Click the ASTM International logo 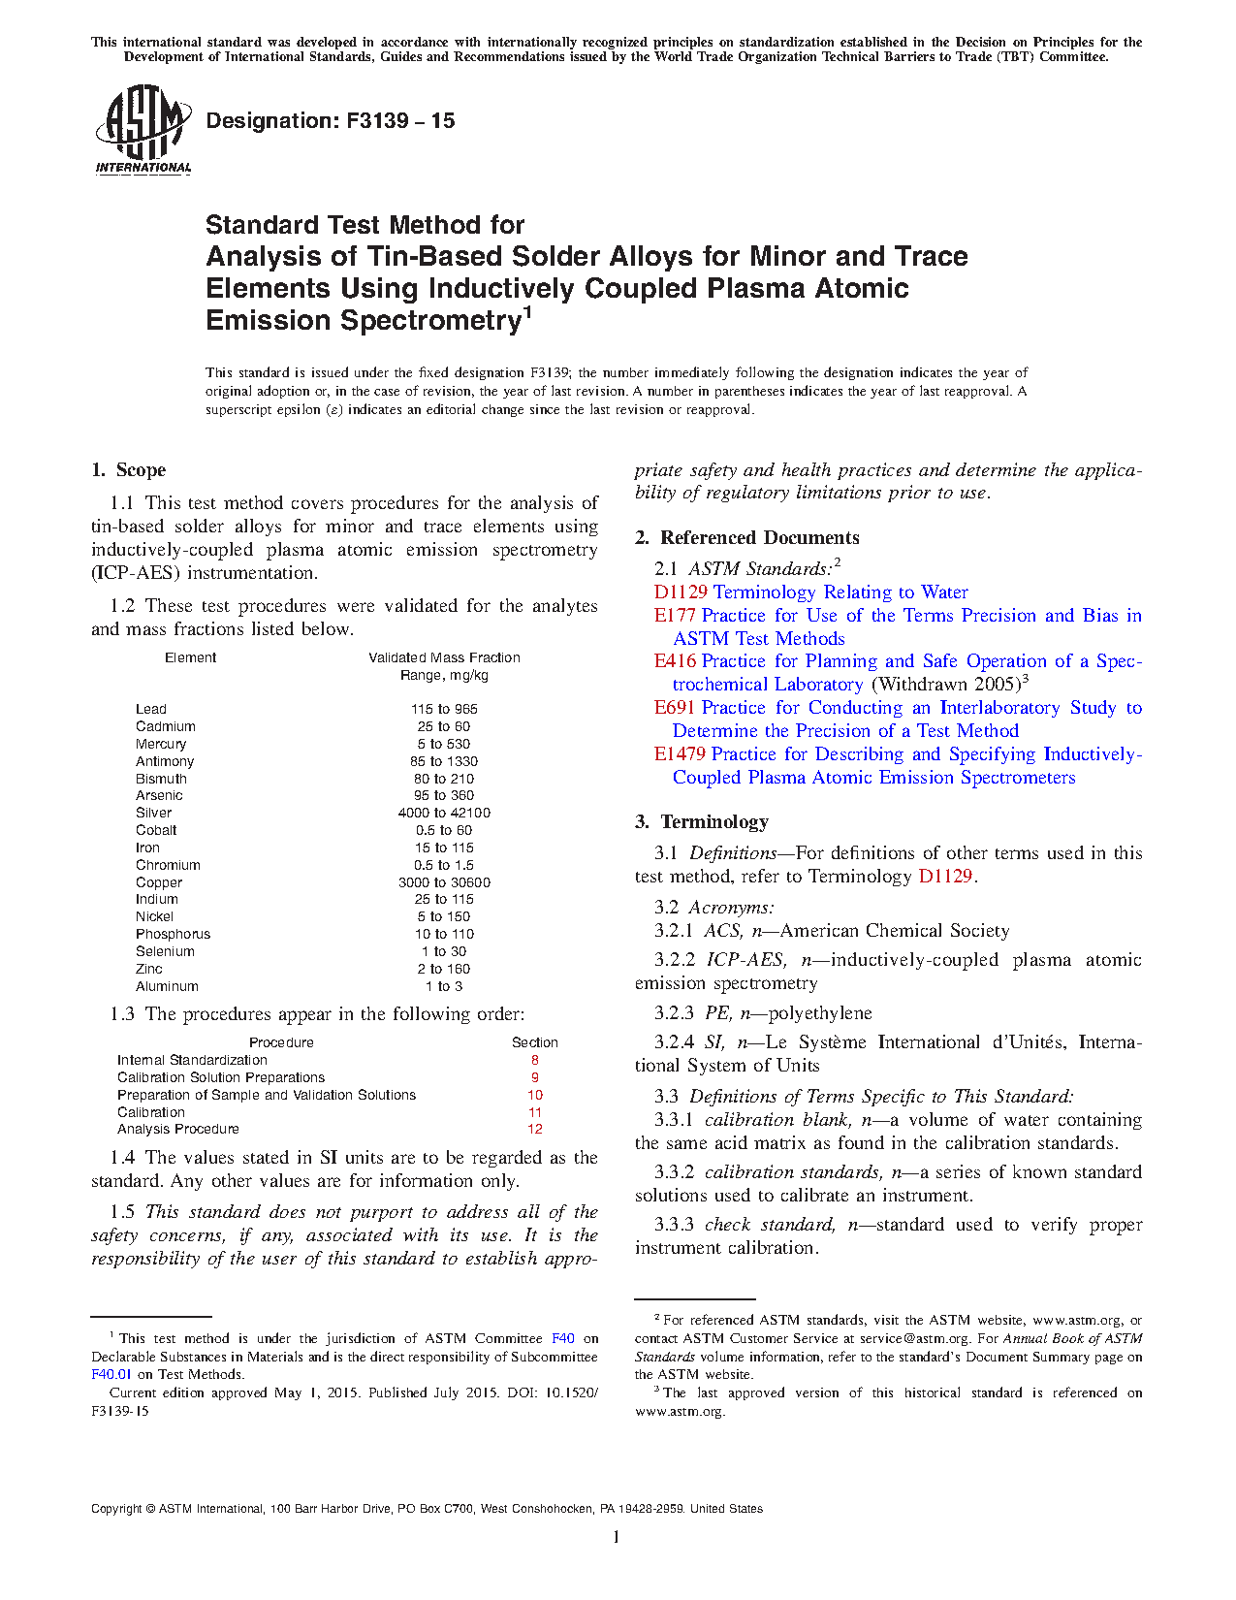coord(143,129)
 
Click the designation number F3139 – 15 coord(331,121)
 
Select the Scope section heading coord(129,470)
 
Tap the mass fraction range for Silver coord(444,813)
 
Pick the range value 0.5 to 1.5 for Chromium coord(444,865)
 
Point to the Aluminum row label coord(167,986)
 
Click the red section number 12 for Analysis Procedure coord(535,1129)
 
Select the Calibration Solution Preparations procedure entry coord(221,1077)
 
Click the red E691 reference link coord(674,708)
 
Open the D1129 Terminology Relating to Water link coord(810,592)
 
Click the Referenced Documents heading coord(747,538)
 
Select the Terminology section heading coord(702,822)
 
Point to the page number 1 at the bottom coord(617,1536)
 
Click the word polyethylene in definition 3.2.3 coord(820,1013)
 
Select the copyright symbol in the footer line coord(150,1509)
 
